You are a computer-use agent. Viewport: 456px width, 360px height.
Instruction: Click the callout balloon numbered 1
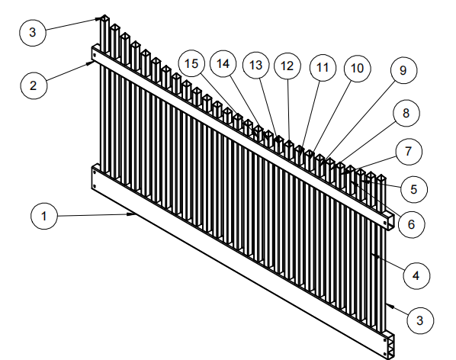click(44, 216)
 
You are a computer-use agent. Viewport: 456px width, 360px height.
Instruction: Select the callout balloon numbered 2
click(34, 85)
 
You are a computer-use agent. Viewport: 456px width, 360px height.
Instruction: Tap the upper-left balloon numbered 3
click(33, 32)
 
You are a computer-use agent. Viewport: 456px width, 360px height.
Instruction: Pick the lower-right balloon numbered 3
click(420, 320)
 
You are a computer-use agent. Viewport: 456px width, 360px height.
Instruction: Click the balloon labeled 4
click(416, 275)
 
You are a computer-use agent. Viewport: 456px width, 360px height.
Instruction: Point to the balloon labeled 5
click(414, 189)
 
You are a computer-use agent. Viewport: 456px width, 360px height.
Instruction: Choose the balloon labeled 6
click(411, 224)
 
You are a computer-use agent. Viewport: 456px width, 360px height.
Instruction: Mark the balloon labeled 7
click(409, 152)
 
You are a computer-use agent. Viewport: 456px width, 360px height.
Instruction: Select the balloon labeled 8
click(406, 113)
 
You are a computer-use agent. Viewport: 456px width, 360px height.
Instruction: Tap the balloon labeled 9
click(403, 70)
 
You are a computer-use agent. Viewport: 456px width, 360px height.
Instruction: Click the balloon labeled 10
click(357, 69)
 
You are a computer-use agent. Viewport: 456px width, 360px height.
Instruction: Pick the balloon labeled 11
click(323, 67)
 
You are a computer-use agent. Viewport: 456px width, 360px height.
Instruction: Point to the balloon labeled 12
click(287, 66)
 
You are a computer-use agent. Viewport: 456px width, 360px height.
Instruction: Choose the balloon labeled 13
click(256, 65)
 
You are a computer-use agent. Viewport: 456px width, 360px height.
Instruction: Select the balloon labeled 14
click(223, 63)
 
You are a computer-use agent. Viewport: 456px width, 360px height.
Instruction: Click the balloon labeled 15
click(191, 63)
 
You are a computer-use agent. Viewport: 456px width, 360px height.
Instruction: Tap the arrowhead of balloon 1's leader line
click(133, 214)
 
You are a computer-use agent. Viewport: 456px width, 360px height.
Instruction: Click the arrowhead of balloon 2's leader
click(89, 63)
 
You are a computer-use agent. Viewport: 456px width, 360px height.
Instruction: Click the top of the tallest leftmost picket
click(104, 18)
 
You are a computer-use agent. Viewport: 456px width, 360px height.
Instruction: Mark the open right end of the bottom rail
click(390, 346)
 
